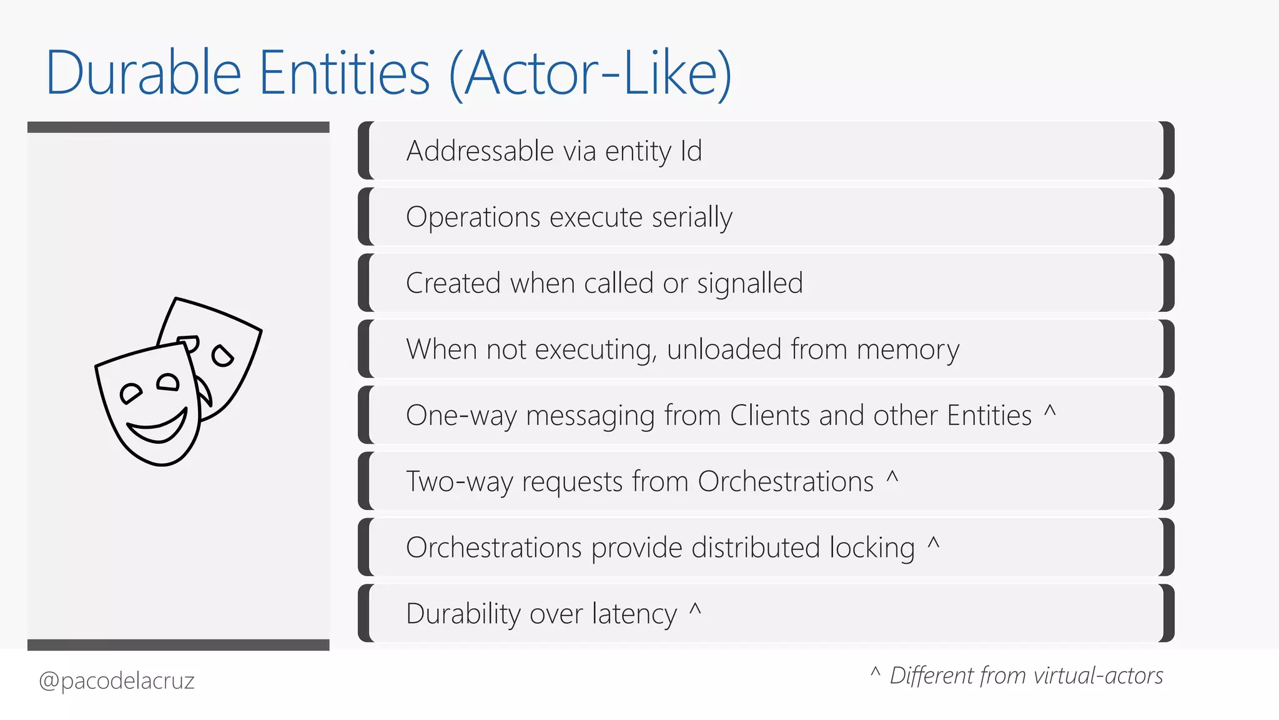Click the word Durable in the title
[144, 74]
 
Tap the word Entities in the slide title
[344, 74]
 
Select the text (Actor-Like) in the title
[590, 74]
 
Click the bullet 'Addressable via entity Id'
[554, 151]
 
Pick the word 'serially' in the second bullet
[692, 217]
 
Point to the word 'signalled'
[749, 284]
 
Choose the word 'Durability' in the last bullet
[463, 614]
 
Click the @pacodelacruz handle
[117, 681]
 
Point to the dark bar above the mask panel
[178, 127]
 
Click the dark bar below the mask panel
[178, 645]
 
